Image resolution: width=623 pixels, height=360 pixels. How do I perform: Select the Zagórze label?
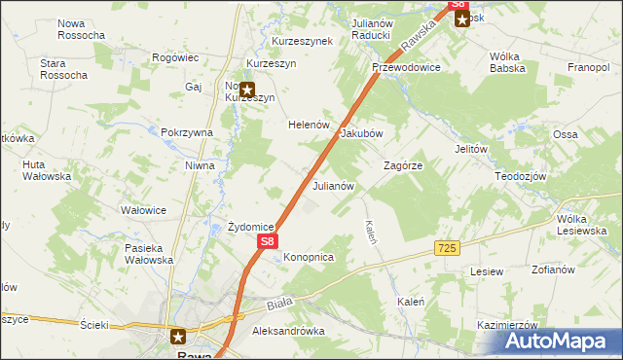(x=403, y=166)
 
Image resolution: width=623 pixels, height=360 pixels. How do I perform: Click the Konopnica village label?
(x=309, y=257)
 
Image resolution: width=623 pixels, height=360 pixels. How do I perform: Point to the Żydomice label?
(x=250, y=227)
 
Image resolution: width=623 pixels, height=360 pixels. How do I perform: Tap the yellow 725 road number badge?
(x=447, y=249)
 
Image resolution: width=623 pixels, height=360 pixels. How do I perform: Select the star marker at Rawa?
(x=179, y=338)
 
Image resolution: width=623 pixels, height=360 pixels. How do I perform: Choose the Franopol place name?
(x=588, y=68)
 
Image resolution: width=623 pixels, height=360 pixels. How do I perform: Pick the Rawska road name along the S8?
(x=420, y=40)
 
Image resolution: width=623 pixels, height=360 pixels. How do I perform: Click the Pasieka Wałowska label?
(x=149, y=254)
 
